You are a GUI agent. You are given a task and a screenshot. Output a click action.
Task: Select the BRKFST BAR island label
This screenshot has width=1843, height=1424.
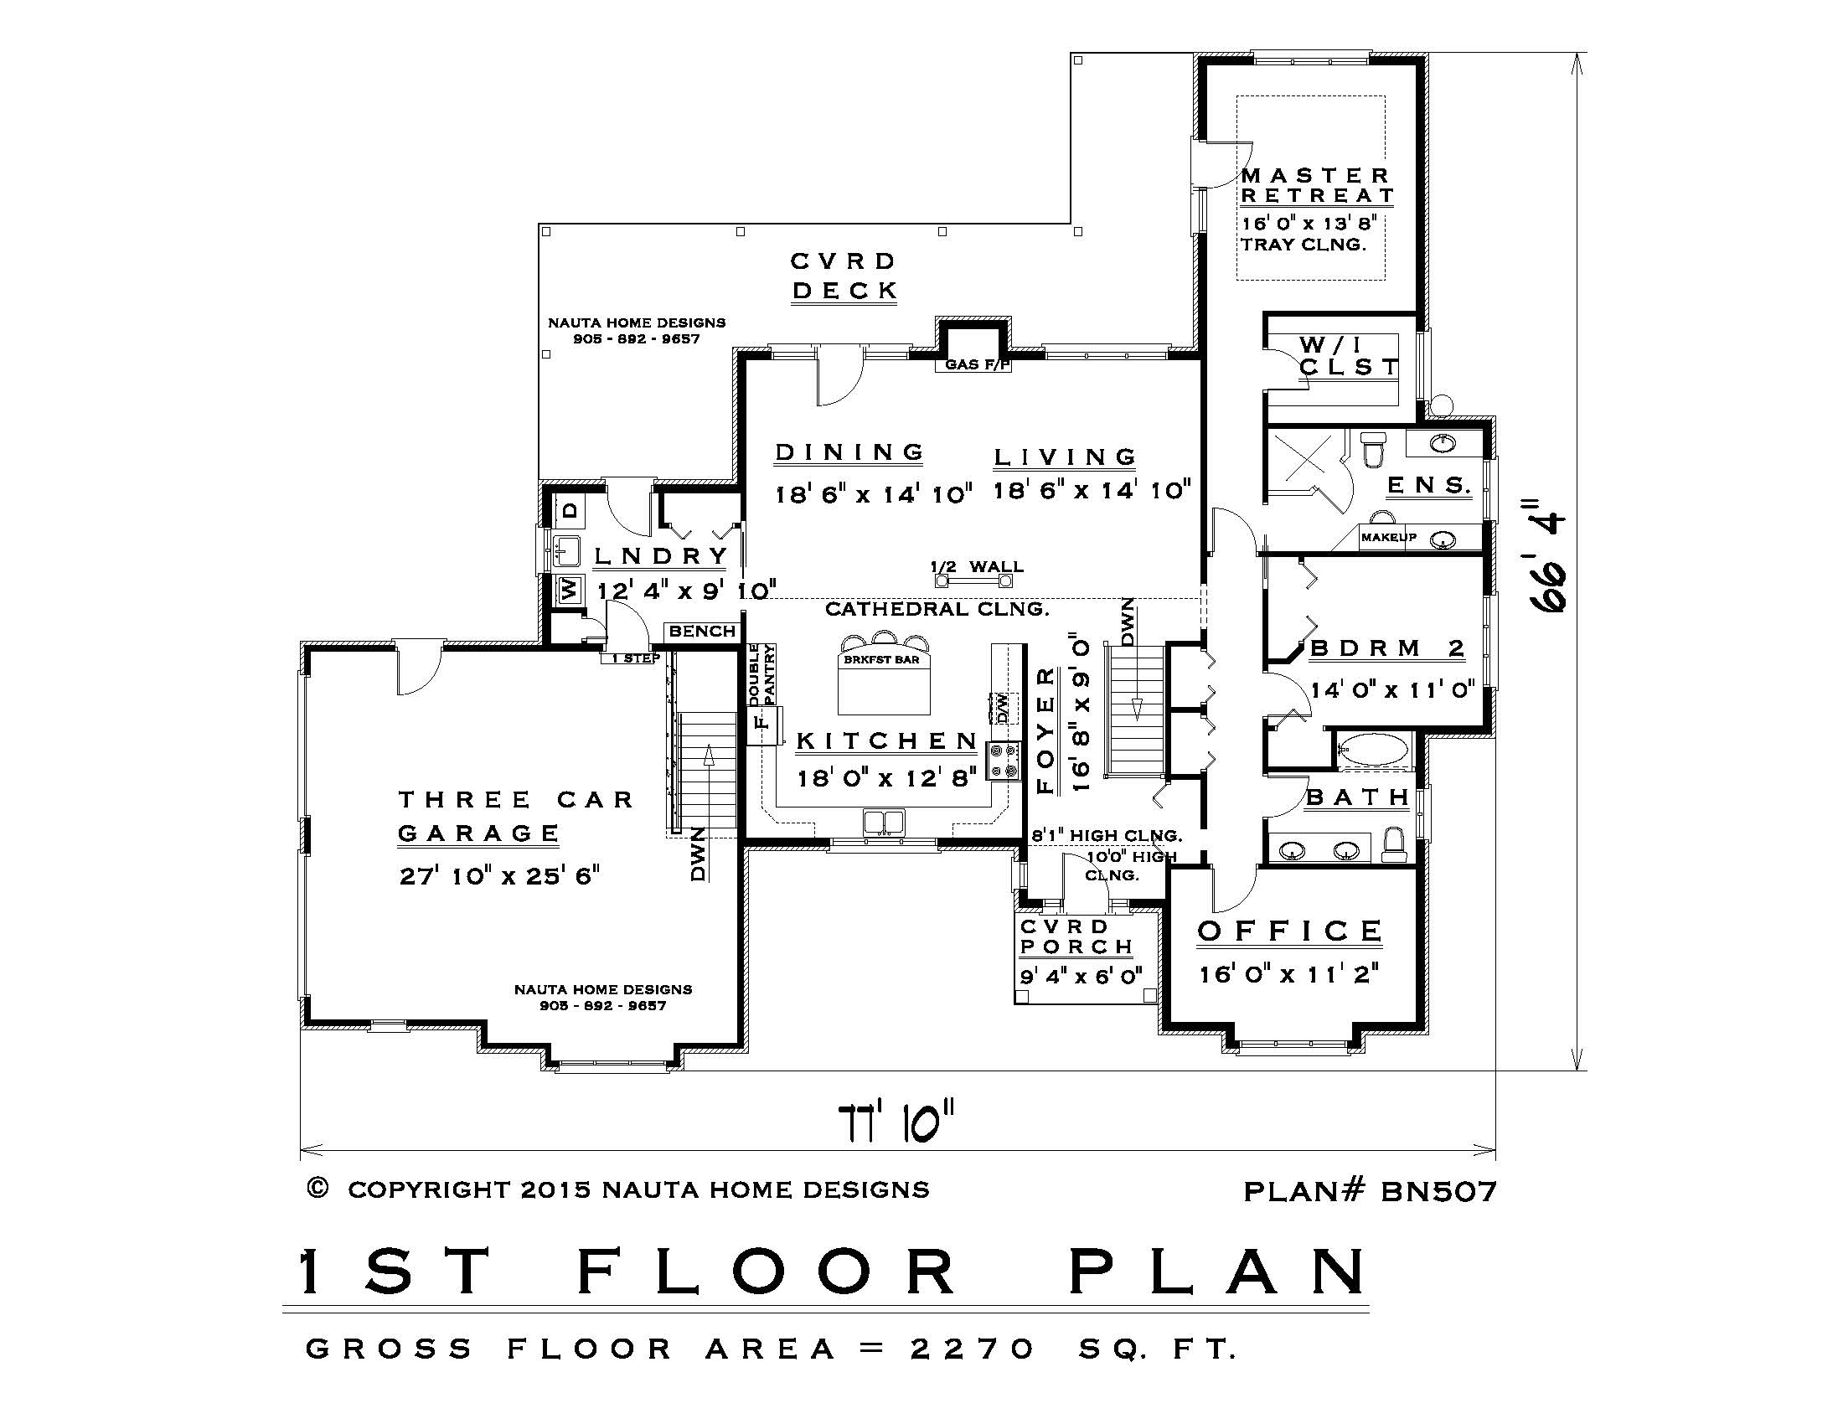click(x=881, y=660)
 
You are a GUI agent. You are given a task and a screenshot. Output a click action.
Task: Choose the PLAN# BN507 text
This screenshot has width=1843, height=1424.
click(x=1370, y=1191)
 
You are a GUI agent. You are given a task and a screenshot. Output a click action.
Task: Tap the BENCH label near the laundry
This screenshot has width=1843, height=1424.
click(x=702, y=631)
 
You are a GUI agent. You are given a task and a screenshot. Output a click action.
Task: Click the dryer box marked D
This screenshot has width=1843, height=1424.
click(x=570, y=510)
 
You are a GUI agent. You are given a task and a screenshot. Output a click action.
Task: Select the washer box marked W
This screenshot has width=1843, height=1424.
click(x=570, y=590)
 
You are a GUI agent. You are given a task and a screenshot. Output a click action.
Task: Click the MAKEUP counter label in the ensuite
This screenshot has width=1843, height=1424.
click(x=1388, y=538)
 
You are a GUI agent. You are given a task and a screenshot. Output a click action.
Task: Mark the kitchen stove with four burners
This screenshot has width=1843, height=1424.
click(x=1004, y=760)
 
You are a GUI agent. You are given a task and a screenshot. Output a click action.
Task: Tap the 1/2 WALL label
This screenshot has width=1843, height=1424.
click(x=977, y=567)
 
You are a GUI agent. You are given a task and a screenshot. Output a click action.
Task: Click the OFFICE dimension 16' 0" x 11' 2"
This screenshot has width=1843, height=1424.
click(x=1288, y=974)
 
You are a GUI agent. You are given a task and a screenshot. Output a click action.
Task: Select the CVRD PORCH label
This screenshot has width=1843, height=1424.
click(x=1074, y=936)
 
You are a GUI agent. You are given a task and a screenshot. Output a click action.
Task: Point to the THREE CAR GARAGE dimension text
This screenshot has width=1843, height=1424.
click(x=498, y=875)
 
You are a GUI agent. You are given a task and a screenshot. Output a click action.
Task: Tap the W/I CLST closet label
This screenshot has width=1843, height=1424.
click(x=1347, y=356)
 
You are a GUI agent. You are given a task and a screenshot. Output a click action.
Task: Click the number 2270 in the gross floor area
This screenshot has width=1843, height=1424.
click(x=972, y=1349)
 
